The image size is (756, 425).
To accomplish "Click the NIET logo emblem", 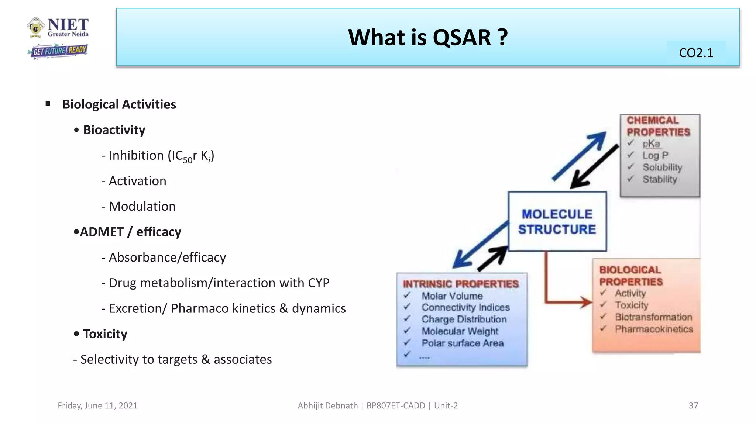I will point(36,27).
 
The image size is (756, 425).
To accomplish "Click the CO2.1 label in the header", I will point(696,53).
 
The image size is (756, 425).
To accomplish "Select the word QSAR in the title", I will point(461,38).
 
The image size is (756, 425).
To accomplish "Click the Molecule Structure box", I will point(557,221).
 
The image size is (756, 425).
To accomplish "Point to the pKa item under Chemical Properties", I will point(651,144).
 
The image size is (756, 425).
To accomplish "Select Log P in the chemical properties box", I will point(655,155).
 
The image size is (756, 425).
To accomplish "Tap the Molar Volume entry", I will point(452,296).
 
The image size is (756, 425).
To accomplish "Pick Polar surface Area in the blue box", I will point(463,343).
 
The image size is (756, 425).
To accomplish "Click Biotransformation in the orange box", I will point(653,317).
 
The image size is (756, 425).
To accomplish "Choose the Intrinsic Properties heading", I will point(461,284).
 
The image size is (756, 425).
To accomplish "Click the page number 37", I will point(693,405).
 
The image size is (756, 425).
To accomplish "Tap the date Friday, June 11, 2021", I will point(97,405).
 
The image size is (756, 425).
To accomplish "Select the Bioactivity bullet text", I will point(114,130).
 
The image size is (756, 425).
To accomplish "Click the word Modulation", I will point(142,206).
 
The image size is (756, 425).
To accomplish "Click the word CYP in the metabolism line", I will point(318,283).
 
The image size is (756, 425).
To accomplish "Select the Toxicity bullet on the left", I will point(105,334).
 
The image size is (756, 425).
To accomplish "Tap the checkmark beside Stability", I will point(630,179).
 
